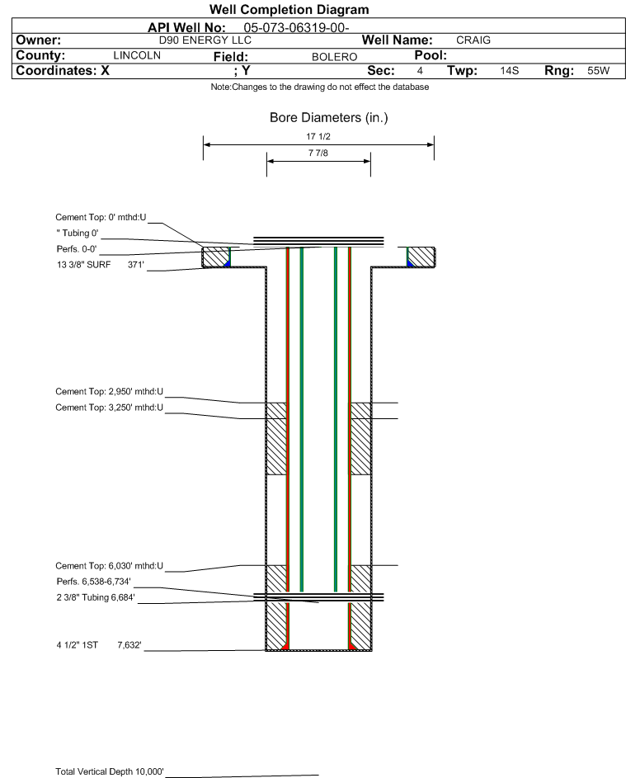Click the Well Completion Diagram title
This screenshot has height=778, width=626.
(x=289, y=9)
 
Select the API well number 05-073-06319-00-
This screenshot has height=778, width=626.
(x=296, y=28)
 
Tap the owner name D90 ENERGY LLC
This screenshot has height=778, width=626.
(x=205, y=40)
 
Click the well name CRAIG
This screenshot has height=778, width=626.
(x=473, y=40)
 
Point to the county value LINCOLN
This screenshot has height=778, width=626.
(x=137, y=55)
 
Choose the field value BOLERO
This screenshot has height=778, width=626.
(x=334, y=57)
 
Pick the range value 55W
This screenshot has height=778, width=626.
(x=598, y=70)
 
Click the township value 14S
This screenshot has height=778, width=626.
(x=510, y=70)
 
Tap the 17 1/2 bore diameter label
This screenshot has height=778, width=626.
(x=318, y=136)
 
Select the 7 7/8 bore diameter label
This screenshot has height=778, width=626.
(x=318, y=153)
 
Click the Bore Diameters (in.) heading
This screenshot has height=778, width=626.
(x=329, y=118)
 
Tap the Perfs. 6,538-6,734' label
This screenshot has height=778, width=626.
(x=94, y=582)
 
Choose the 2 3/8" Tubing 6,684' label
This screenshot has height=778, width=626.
(x=96, y=597)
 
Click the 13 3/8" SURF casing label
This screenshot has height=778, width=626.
(x=84, y=265)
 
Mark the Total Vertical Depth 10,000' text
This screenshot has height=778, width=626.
(x=110, y=771)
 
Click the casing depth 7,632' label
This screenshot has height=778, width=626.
(x=129, y=645)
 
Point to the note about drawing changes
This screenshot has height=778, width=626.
(x=320, y=87)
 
